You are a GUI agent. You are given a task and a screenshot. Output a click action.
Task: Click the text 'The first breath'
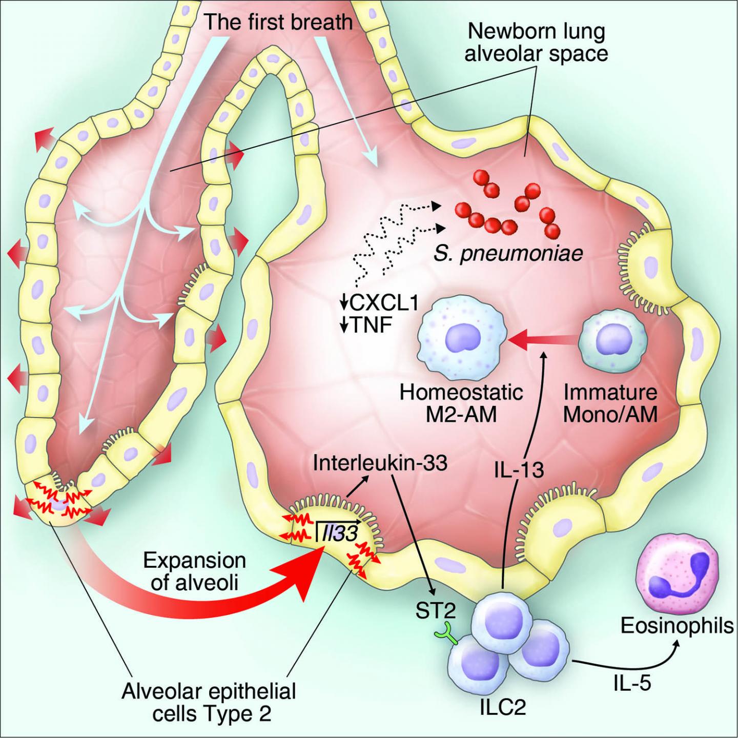278,23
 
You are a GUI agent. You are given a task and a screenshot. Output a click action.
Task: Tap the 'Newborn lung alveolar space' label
536,43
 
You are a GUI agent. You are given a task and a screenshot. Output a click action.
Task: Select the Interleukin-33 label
380,463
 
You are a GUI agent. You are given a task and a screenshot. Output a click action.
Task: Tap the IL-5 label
632,682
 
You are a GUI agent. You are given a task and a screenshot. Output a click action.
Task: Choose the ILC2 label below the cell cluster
503,707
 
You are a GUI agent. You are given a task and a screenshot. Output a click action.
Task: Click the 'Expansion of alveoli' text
194,571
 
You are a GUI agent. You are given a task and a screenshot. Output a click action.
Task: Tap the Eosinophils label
677,626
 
